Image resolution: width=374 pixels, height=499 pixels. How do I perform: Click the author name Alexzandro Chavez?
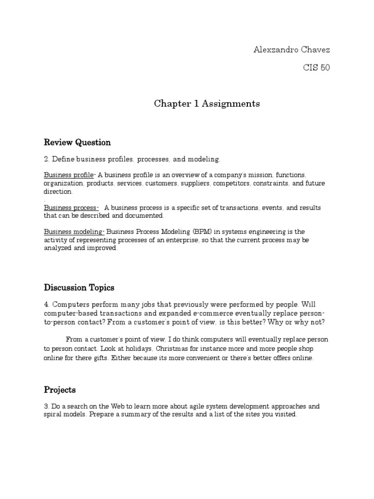click(x=292, y=50)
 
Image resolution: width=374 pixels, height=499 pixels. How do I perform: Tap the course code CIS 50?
click(x=316, y=68)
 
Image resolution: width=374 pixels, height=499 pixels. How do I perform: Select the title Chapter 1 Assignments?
click(x=207, y=103)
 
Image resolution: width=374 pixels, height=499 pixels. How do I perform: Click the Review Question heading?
click(x=77, y=142)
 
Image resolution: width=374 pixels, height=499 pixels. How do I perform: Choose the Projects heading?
click(x=59, y=390)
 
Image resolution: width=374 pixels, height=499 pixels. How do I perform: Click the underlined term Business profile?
click(x=68, y=175)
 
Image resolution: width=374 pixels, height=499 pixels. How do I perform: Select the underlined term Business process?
click(x=71, y=208)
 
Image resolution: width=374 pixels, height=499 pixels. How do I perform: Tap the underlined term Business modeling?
click(x=74, y=231)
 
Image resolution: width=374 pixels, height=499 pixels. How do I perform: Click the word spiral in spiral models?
click(x=54, y=415)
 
